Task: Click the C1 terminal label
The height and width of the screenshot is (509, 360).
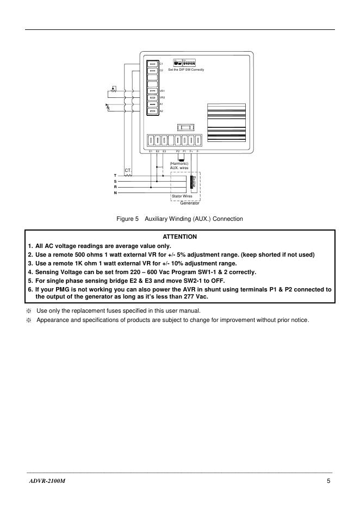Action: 162,64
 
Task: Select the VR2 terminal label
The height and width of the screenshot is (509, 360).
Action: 162,97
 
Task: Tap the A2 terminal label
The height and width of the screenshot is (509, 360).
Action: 162,111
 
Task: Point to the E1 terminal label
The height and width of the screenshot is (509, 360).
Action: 151,151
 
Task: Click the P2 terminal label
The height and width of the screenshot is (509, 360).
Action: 178,151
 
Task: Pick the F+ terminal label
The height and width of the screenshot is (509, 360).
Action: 191,151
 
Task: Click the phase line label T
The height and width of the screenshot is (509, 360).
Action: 115,175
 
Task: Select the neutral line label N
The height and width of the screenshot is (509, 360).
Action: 115,193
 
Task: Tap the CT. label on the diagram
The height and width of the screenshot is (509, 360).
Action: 128,171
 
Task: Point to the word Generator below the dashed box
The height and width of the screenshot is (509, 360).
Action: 190,203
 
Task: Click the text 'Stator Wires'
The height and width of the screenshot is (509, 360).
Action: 182,196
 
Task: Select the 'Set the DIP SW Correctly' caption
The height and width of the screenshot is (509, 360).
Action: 186,70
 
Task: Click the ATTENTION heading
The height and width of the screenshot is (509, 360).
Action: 180,237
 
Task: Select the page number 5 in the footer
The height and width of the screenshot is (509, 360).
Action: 329,481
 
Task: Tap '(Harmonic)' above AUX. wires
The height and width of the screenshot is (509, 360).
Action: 179,163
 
